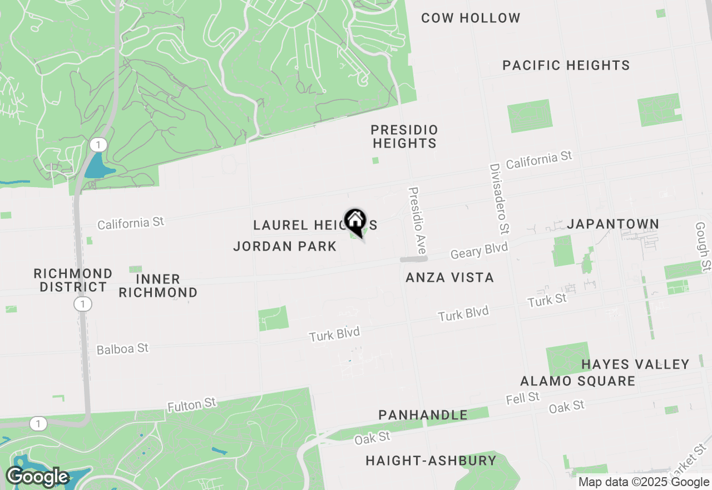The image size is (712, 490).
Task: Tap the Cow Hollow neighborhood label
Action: pyautogui.click(x=471, y=18)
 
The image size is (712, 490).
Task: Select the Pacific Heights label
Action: pyautogui.click(x=566, y=65)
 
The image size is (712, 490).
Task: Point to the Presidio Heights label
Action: pyautogui.click(x=404, y=136)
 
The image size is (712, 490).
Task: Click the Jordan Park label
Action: pyautogui.click(x=285, y=246)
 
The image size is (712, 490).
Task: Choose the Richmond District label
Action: pyautogui.click(x=73, y=280)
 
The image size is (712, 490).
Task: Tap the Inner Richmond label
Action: pyautogui.click(x=158, y=286)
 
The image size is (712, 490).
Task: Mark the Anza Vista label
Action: pyautogui.click(x=449, y=277)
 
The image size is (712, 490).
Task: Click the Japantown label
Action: pyautogui.click(x=613, y=224)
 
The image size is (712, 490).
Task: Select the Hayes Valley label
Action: pyautogui.click(x=635, y=364)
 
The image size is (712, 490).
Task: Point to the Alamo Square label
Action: pyautogui.click(x=577, y=381)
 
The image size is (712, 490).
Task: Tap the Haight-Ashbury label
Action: pyautogui.click(x=431, y=460)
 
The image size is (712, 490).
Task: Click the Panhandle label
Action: pyautogui.click(x=423, y=415)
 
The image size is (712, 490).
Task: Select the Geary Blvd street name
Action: pyautogui.click(x=479, y=251)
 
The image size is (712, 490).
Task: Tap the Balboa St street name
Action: pyautogui.click(x=122, y=349)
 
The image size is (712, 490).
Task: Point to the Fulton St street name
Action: pyautogui.click(x=191, y=404)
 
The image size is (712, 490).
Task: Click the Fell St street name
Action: pyautogui.click(x=523, y=398)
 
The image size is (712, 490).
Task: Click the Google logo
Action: pyautogui.click(x=37, y=477)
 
